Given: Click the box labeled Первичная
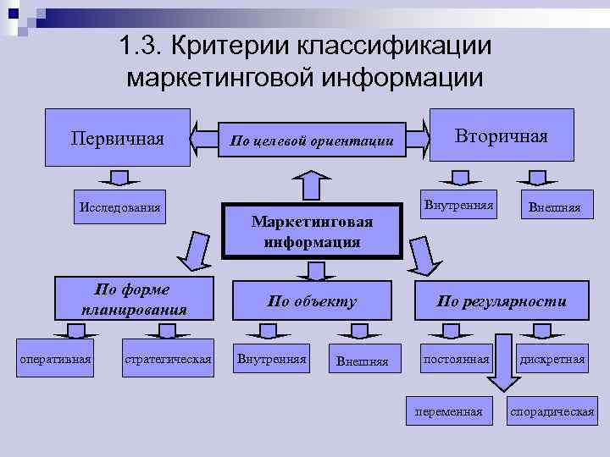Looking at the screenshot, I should tap(117, 137).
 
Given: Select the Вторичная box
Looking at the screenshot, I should tap(502, 136).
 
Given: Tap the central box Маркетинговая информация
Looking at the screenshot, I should tap(312, 231).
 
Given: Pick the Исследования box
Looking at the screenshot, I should tap(119, 207).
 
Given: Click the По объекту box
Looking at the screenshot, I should tap(312, 300).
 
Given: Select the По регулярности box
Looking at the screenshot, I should tap(502, 300).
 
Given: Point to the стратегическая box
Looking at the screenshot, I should tap(167, 360).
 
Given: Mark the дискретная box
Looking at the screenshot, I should tap(552, 360).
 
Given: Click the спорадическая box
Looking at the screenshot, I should tap(552, 411).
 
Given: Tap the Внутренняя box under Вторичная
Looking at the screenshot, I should tap(459, 205).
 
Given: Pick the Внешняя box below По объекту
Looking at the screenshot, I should tap(363, 361).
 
